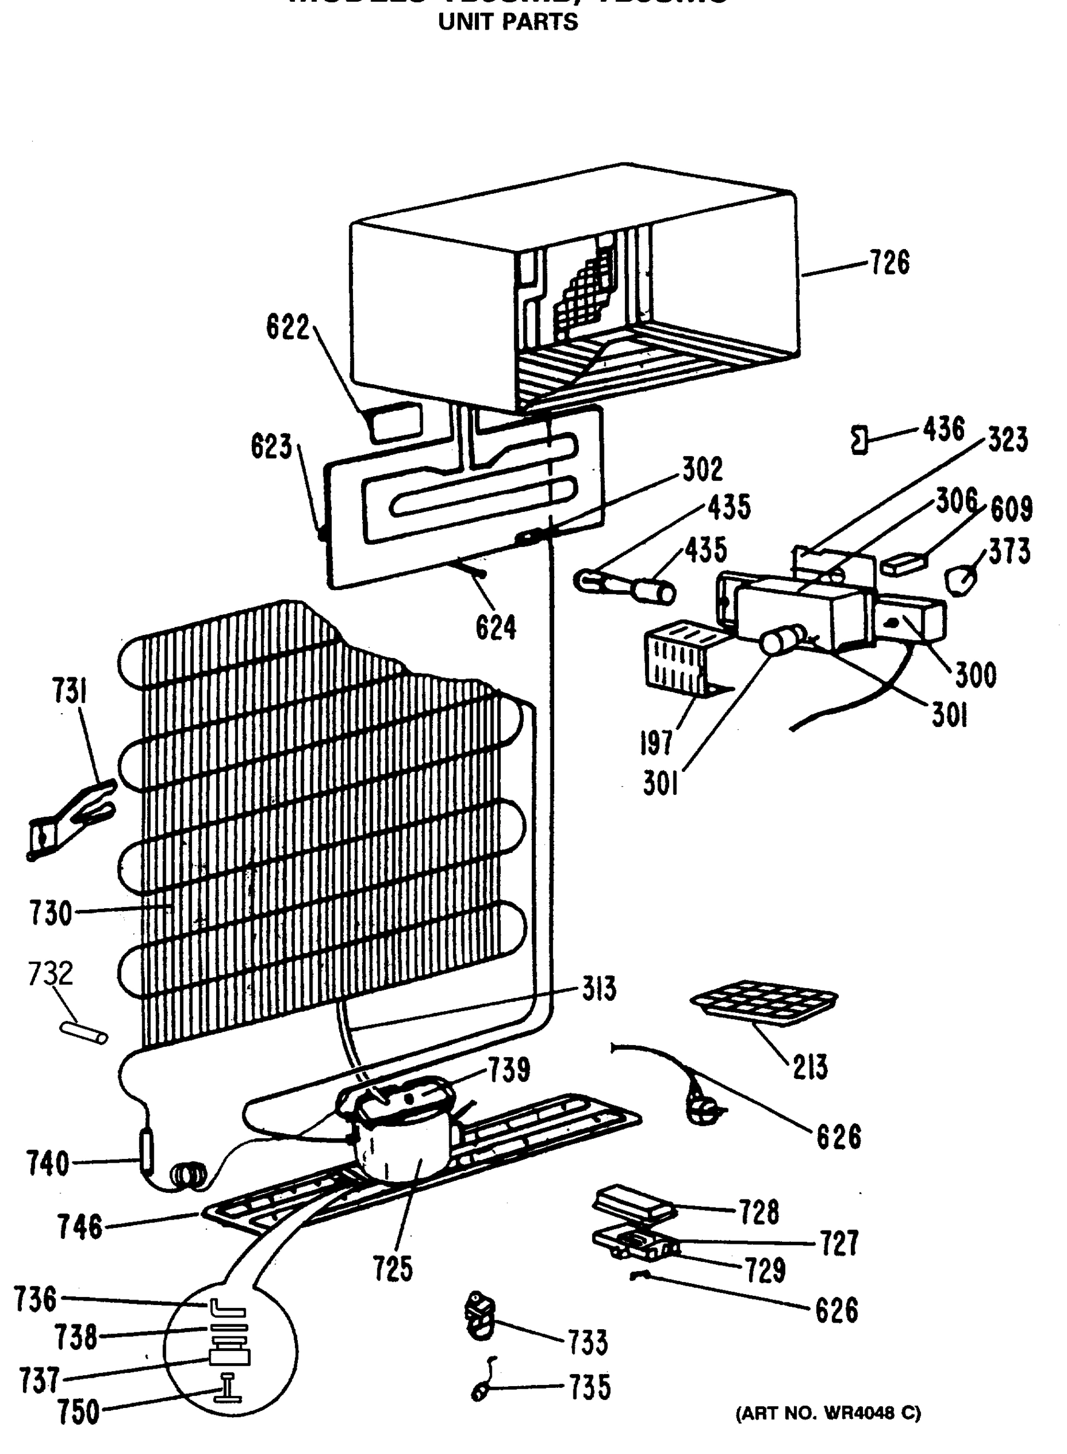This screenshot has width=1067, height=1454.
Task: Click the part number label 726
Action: tap(890, 263)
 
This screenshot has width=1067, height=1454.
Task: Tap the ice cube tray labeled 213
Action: tap(764, 1002)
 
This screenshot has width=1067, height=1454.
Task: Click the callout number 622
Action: tap(288, 327)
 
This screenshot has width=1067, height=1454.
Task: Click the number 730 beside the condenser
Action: tap(50, 914)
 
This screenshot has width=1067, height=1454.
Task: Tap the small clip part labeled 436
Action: tap(859, 440)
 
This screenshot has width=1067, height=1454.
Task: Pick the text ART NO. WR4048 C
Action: tap(828, 1413)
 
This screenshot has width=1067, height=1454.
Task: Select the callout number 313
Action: tap(599, 989)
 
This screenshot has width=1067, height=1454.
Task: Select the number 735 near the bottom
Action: tap(589, 1387)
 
